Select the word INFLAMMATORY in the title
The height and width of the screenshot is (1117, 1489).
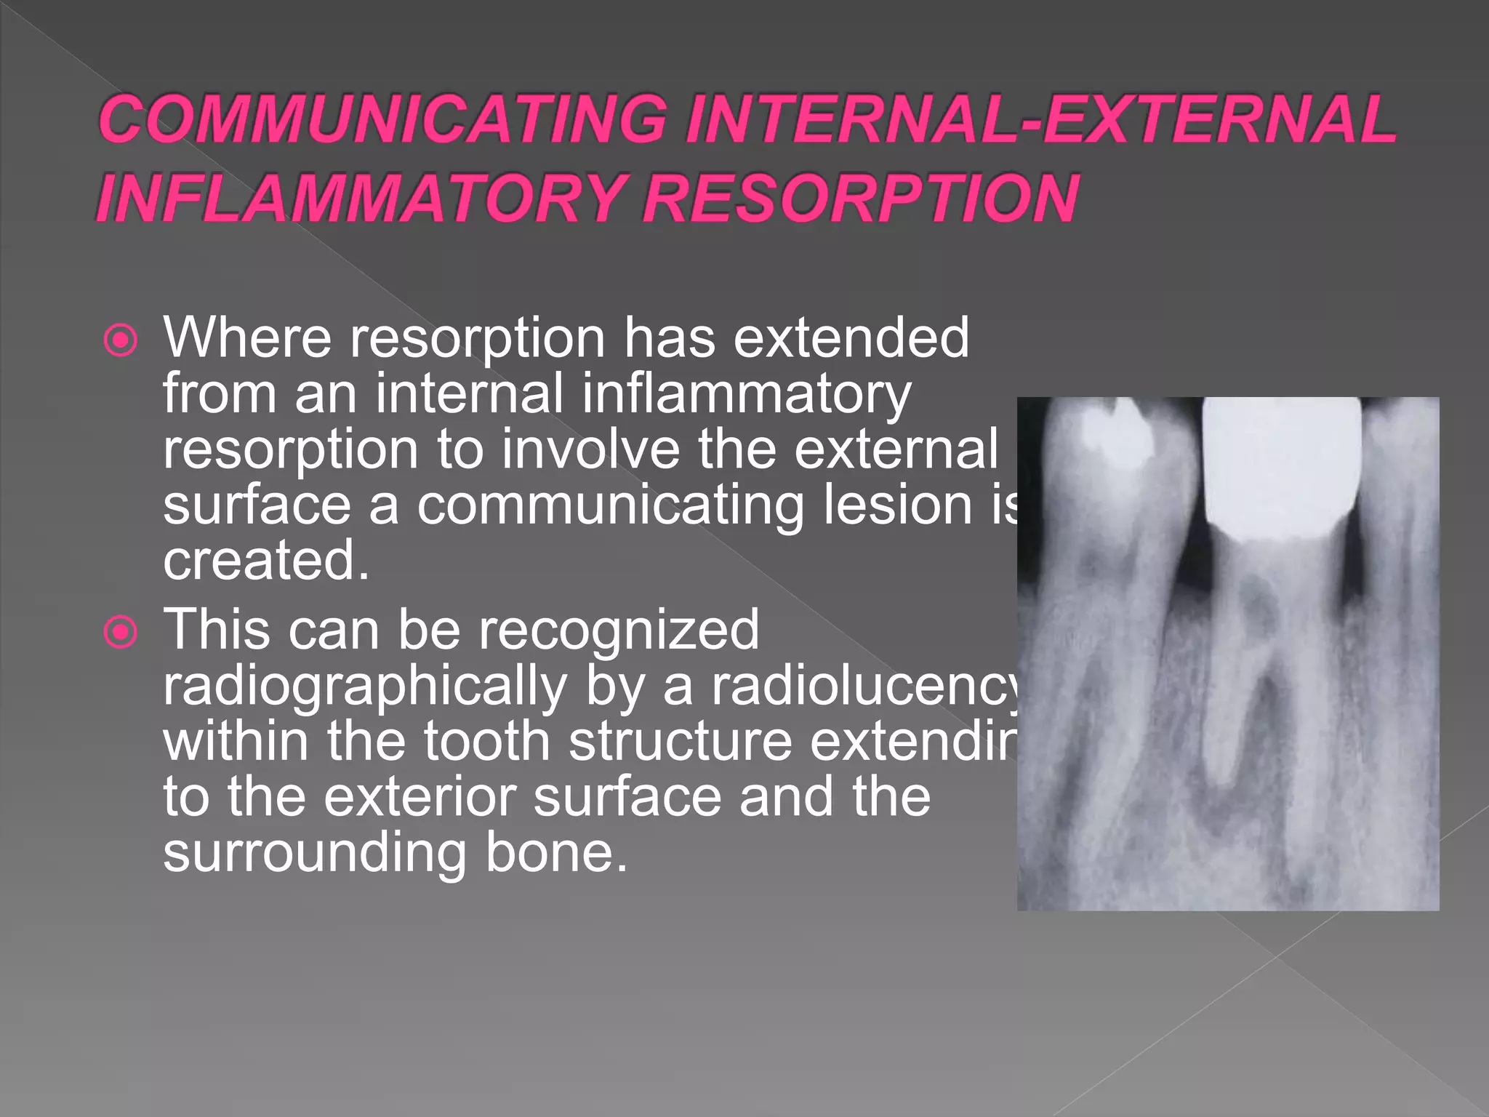(x=359, y=198)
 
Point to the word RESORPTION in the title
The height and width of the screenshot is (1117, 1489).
(x=860, y=198)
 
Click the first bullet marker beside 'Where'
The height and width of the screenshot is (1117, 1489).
(x=121, y=340)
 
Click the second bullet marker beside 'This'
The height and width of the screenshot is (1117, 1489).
(x=121, y=632)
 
